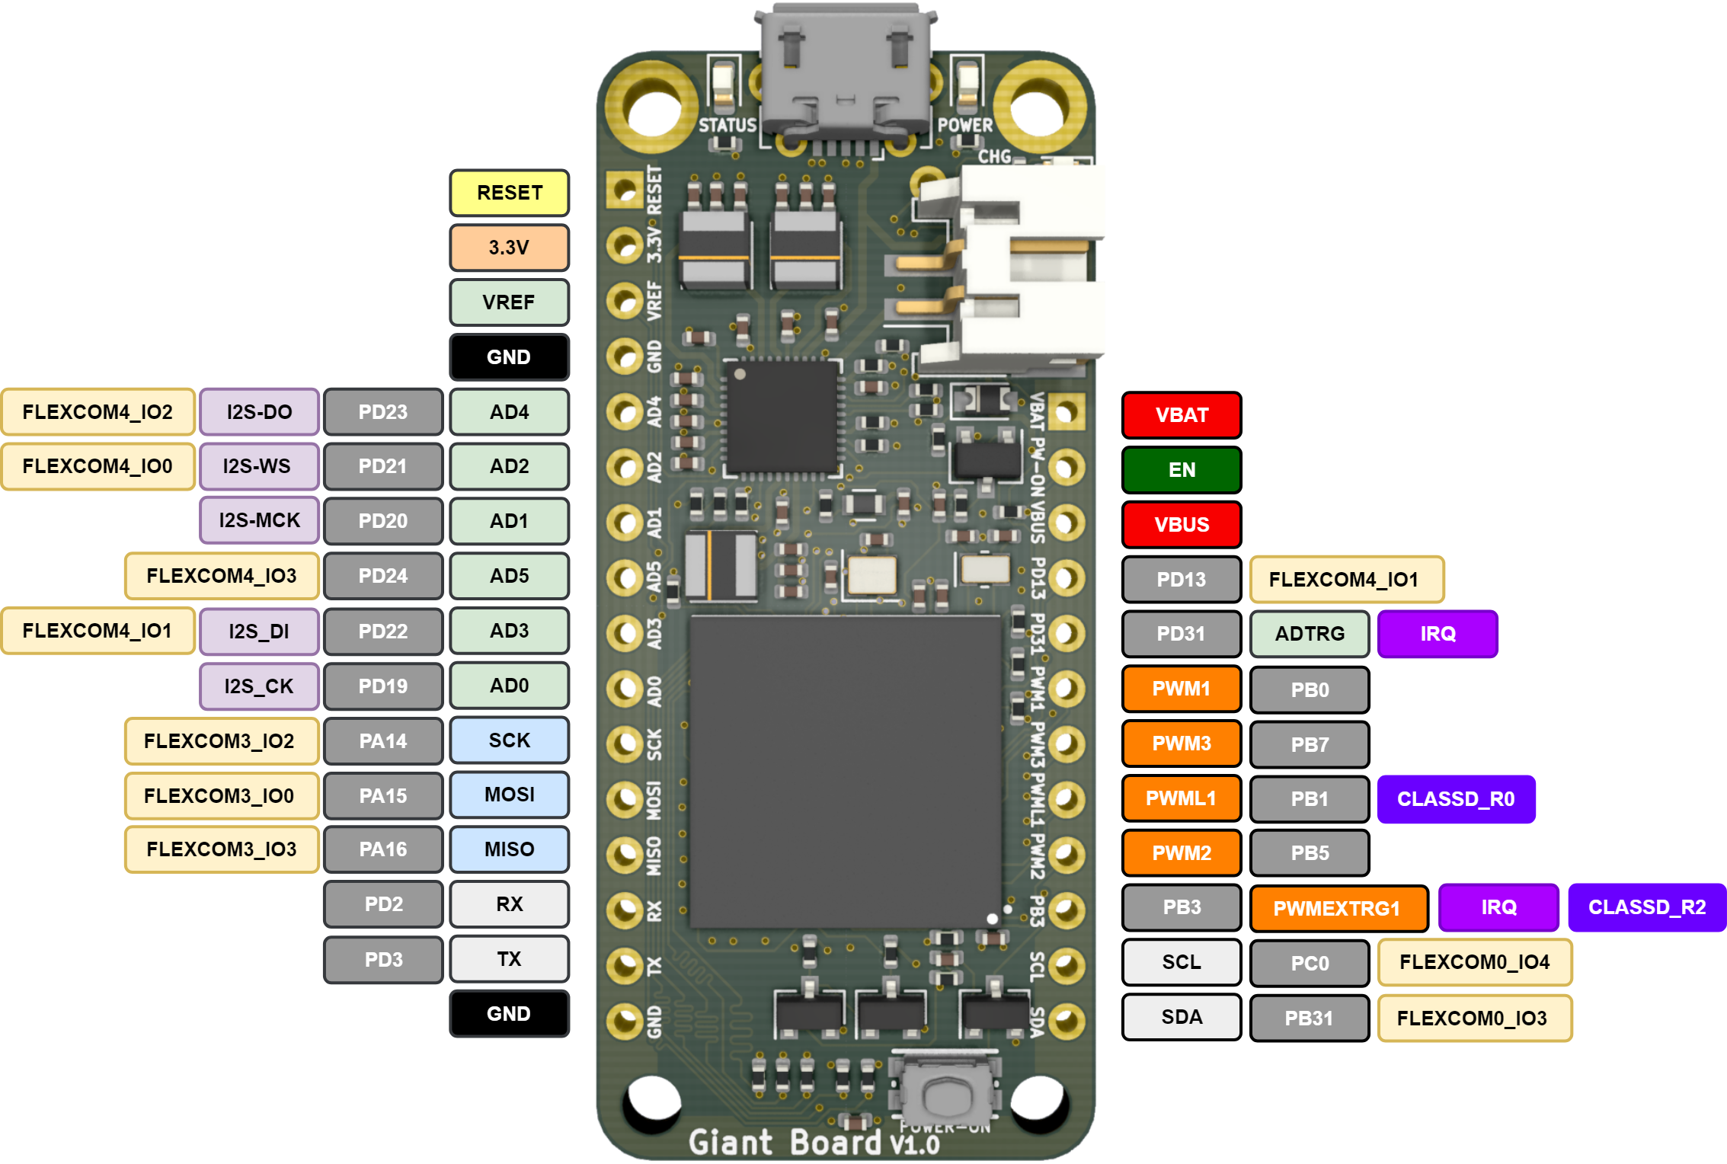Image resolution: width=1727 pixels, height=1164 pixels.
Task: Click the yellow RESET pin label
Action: (x=509, y=193)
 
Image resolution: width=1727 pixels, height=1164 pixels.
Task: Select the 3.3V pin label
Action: (x=509, y=248)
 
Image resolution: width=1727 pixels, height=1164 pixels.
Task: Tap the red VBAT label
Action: (x=1182, y=415)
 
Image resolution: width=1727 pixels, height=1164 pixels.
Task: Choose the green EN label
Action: (x=1182, y=470)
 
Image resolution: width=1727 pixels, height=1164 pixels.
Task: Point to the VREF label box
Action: (x=509, y=302)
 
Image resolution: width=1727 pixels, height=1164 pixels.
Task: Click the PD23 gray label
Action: (x=383, y=412)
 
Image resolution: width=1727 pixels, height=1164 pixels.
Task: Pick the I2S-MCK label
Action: (x=259, y=520)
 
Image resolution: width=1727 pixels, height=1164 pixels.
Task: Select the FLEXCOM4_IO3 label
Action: (x=222, y=576)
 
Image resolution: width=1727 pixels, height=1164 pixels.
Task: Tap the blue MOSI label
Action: (x=509, y=795)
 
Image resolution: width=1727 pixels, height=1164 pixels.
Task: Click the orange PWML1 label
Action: (x=1182, y=798)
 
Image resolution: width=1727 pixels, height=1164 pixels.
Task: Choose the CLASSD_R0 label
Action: (x=1456, y=799)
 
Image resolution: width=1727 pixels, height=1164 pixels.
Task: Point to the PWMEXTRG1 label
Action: (x=1338, y=908)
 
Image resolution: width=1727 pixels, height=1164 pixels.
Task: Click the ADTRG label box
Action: (x=1310, y=634)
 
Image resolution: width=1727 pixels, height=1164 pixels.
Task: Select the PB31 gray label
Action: (x=1310, y=1019)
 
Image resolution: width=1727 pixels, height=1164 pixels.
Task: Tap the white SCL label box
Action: (x=1182, y=962)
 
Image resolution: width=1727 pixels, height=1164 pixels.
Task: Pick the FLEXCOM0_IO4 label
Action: (x=1475, y=962)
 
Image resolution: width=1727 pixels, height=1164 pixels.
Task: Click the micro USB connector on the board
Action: (x=846, y=72)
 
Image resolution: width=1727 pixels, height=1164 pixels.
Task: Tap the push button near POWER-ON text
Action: (x=945, y=1093)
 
